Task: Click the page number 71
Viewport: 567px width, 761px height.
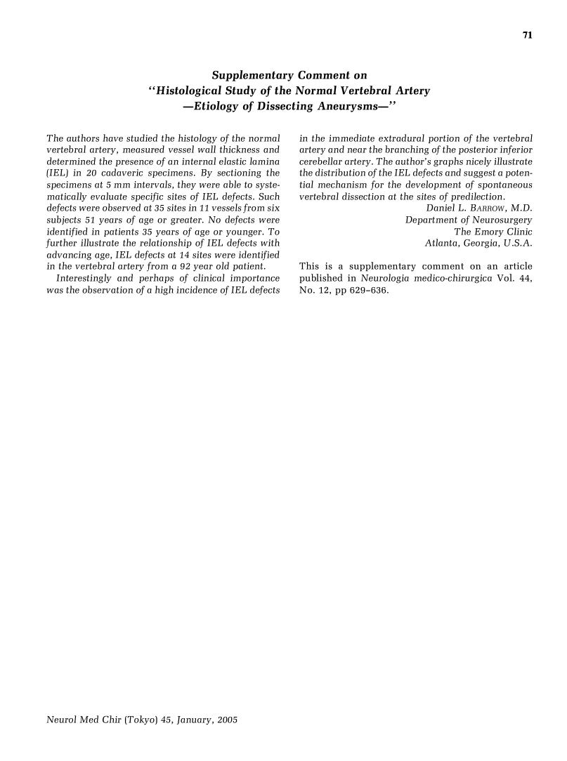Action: click(527, 36)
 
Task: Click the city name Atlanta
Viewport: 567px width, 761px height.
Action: click(441, 244)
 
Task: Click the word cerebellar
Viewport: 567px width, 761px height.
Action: click(322, 161)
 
